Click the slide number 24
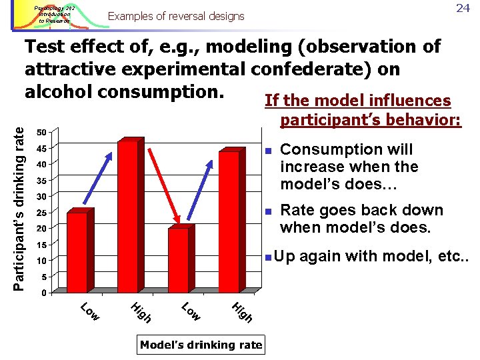(x=463, y=9)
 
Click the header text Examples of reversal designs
(x=176, y=16)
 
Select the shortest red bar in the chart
(x=179, y=259)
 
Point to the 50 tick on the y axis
(x=41, y=131)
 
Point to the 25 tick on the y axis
(x=41, y=213)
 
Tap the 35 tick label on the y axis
(x=41, y=180)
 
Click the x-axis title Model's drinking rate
(x=201, y=345)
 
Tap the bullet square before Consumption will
(x=267, y=150)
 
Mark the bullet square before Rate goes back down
(x=267, y=211)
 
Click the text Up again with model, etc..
(x=371, y=256)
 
